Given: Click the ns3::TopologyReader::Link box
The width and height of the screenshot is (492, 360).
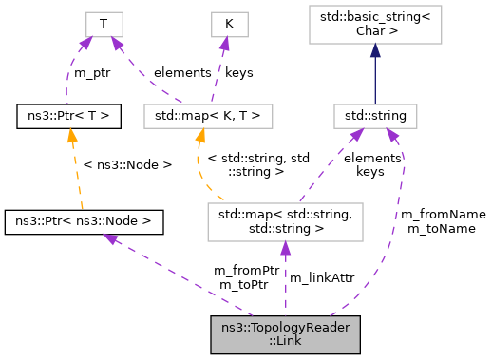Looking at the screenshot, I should click(x=285, y=335).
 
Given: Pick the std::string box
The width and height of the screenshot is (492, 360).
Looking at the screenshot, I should click(x=375, y=117).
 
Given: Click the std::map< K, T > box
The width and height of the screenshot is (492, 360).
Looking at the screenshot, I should click(x=208, y=117).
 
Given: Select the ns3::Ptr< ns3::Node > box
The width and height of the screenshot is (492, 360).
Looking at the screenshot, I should click(x=84, y=221).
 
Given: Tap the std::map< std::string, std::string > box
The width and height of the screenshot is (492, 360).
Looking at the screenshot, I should click(x=285, y=221).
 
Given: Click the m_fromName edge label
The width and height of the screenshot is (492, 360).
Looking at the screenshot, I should click(x=445, y=215).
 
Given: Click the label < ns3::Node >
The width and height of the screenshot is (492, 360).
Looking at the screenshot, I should click(x=128, y=164).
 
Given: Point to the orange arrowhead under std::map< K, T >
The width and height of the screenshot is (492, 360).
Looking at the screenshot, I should click(x=201, y=136).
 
